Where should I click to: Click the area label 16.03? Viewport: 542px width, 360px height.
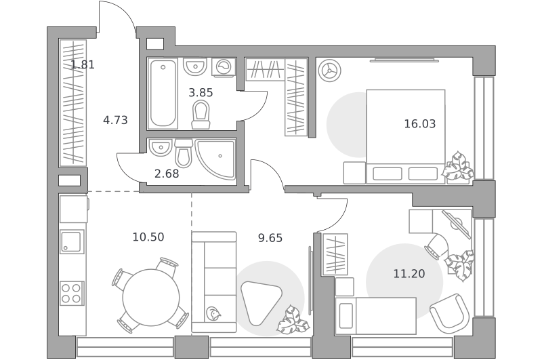click(420, 123)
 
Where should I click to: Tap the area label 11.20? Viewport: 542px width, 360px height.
click(409, 274)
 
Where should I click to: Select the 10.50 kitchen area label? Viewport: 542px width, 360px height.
click(148, 237)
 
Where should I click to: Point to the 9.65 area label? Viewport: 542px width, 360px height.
click(270, 238)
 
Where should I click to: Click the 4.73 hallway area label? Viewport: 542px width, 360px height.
click(115, 120)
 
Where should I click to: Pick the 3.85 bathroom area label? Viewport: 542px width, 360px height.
click(201, 93)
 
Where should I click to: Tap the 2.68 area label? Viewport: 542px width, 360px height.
click(167, 174)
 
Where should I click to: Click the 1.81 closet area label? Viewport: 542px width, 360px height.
click(83, 64)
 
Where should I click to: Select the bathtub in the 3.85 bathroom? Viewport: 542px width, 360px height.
click(163, 94)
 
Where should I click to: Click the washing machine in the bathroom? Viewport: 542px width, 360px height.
click(224, 67)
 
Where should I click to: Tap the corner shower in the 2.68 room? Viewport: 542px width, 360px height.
click(215, 160)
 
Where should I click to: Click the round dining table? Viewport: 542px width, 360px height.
click(151, 298)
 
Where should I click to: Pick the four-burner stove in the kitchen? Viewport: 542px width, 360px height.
click(72, 294)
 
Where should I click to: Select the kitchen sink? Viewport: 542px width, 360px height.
click(72, 241)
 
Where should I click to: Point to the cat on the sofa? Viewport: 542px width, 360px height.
click(213, 313)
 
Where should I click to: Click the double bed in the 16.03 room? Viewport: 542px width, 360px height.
click(405, 136)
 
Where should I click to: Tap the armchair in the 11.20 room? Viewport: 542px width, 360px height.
click(450, 312)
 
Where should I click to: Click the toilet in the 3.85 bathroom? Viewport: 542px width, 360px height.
click(201, 114)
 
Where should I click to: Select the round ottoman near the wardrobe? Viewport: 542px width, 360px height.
click(330, 71)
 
